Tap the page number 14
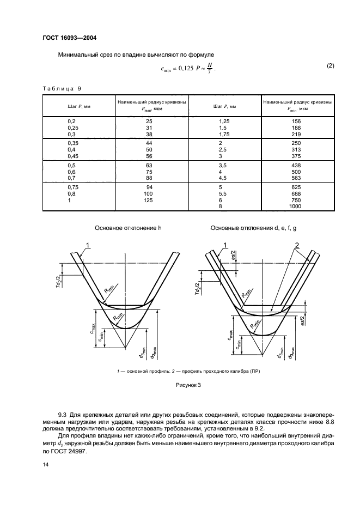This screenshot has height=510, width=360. click(46, 464)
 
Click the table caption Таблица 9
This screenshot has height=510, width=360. click(61, 88)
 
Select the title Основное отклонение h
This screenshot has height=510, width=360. click(129, 228)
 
